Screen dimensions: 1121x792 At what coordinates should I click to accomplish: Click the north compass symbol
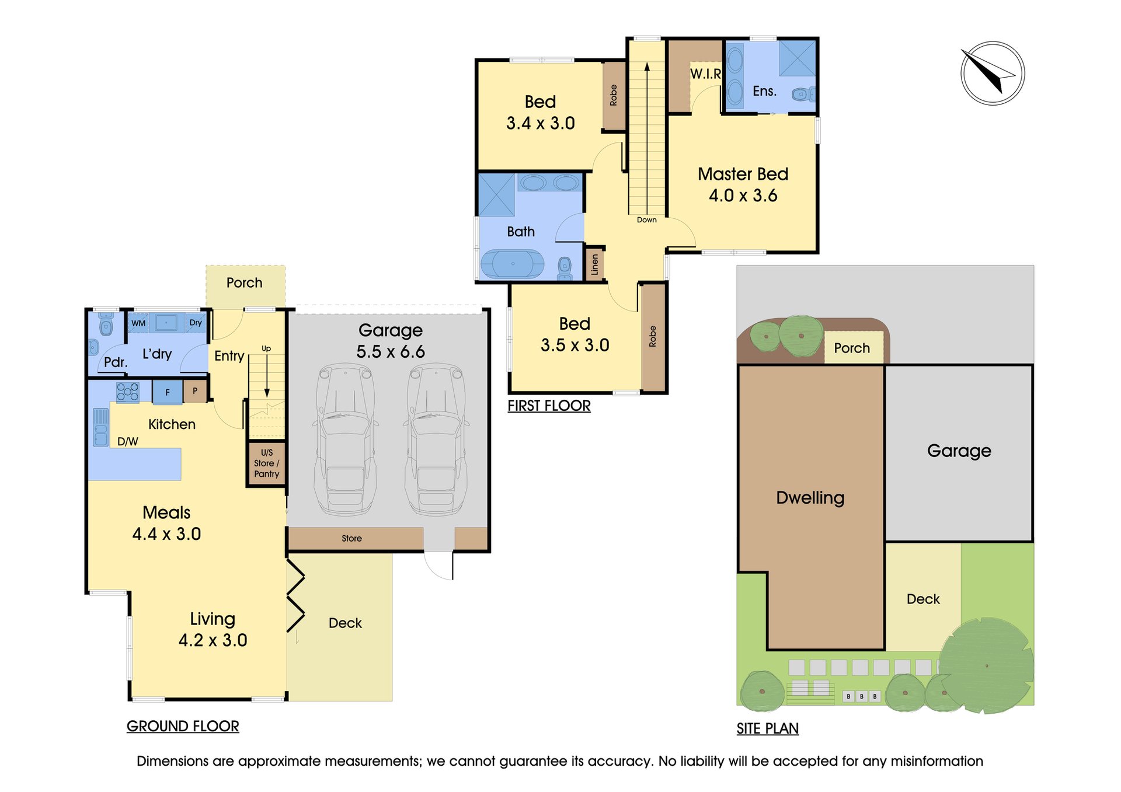[993, 73]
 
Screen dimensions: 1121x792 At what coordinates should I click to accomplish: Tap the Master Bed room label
[743, 174]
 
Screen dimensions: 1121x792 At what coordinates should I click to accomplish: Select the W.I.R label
[706, 74]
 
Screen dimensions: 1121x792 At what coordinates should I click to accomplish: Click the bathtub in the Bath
[512, 264]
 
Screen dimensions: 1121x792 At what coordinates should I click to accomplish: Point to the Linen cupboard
[595, 264]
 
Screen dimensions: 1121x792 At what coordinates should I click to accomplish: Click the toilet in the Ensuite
[803, 94]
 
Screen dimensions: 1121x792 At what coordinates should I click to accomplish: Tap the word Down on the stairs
[646, 220]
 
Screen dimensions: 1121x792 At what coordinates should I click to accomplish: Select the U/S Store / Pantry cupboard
[266, 463]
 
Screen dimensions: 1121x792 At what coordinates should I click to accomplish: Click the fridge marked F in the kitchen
[168, 392]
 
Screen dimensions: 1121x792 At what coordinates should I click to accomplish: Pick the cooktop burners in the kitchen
[128, 392]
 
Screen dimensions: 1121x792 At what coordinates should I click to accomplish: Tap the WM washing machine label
[138, 323]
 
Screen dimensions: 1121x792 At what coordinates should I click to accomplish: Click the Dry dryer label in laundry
[196, 323]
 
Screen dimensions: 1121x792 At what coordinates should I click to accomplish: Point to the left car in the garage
[345, 439]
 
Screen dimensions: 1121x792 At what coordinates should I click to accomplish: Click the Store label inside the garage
[351, 538]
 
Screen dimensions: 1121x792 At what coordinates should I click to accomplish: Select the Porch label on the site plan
[852, 348]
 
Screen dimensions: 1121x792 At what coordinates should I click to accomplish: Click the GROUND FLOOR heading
[183, 726]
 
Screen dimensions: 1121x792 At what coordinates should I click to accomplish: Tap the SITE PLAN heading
[767, 728]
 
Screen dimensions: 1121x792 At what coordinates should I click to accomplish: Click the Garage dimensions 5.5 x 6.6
[391, 351]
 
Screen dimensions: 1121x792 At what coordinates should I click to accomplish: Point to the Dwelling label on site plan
[810, 498]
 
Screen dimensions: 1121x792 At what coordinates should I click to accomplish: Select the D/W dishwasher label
[128, 442]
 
